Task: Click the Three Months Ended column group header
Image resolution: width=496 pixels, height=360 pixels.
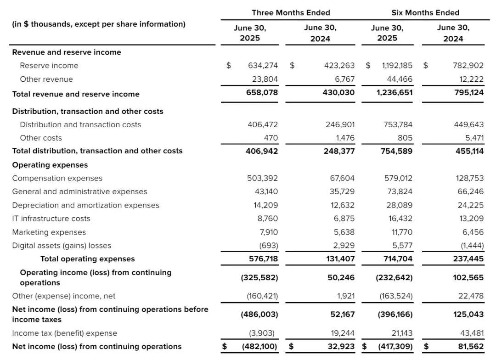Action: (291, 13)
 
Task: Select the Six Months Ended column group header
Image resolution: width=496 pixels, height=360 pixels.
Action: (425, 13)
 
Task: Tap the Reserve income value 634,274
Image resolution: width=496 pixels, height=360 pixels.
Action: (263, 66)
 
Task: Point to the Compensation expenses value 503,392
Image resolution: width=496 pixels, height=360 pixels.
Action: (263, 178)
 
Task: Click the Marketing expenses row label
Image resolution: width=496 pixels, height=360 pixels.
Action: (49, 232)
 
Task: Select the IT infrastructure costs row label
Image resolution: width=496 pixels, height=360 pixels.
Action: (51, 219)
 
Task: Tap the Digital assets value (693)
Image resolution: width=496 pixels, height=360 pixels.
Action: (269, 246)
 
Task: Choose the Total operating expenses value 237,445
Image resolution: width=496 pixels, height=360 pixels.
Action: (468, 259)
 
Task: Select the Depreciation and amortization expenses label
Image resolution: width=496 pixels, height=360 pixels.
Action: (86, 205)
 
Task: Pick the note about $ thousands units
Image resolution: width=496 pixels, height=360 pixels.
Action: (99, 24)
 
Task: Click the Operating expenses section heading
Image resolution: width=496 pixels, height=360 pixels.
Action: (50, 165)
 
